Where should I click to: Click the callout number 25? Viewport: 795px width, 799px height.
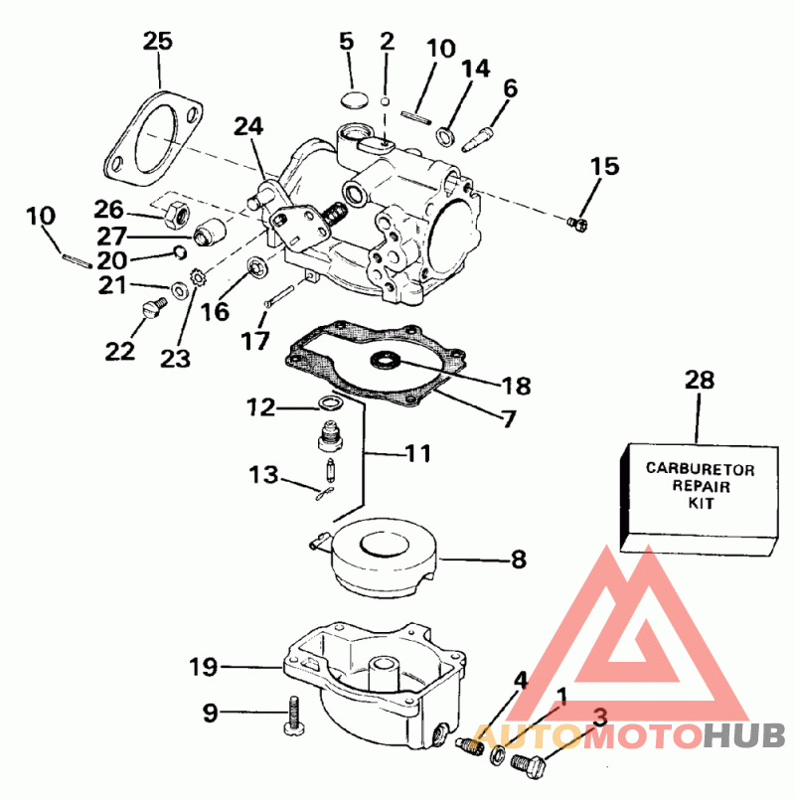pos(157,42)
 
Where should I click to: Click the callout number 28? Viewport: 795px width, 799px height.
pos(700,381)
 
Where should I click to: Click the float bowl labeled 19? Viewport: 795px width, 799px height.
pos(378,686)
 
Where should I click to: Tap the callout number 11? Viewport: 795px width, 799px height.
pos(417,454)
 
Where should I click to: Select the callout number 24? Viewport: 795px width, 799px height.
pos(249,126)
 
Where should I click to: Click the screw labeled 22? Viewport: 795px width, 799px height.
pos(152,310)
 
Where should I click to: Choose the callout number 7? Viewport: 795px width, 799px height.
pos(508,418)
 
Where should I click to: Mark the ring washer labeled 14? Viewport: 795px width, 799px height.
pos(447,135)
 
